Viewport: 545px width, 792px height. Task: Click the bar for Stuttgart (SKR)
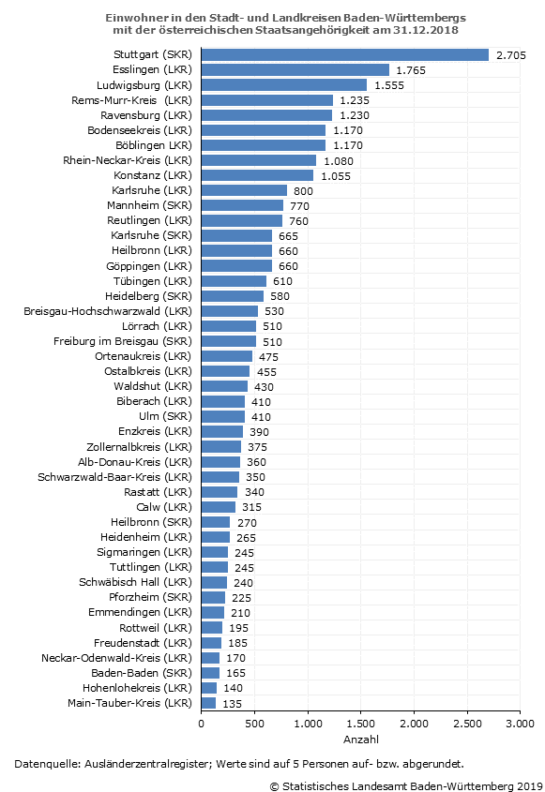[x=345, y=54]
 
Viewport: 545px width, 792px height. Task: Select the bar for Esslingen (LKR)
[x=295, y=69]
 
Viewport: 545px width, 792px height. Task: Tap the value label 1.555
[x=389, y=85]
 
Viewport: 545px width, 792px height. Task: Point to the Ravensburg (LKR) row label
[x=146, y=115]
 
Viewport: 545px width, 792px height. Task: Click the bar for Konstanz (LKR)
[x=257, y=175]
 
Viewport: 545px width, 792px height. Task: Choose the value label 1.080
[x=339, y=161]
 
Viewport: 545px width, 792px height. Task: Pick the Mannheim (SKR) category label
[x=150, y=205]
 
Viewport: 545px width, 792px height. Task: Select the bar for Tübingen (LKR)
[x=234, y=281]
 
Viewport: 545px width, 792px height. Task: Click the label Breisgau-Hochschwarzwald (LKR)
[x=108, y=311]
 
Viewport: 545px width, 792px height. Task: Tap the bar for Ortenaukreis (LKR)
[x=226, y=356]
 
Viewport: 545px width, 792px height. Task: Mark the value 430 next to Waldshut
[x=264, y=387]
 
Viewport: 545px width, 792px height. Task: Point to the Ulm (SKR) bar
[x=223, y=416]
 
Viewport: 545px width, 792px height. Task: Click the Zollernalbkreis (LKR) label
[x=140, y=447]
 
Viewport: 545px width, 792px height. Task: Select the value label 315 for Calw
[x=251, y=507]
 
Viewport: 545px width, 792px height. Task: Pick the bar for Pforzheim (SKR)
[x=213, y=598]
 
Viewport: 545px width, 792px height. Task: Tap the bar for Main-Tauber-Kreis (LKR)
[x=208, y=703]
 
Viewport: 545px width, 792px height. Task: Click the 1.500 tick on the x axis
[x=361, y=724]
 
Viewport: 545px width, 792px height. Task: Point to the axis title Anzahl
[x=361, y=740]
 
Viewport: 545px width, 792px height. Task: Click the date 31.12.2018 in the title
[x=426, y=30]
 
